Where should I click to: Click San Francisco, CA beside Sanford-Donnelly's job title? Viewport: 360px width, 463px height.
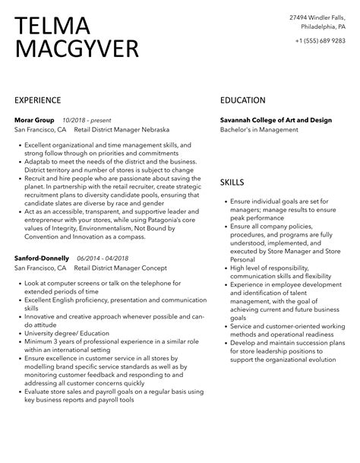[x=40, y=268]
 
